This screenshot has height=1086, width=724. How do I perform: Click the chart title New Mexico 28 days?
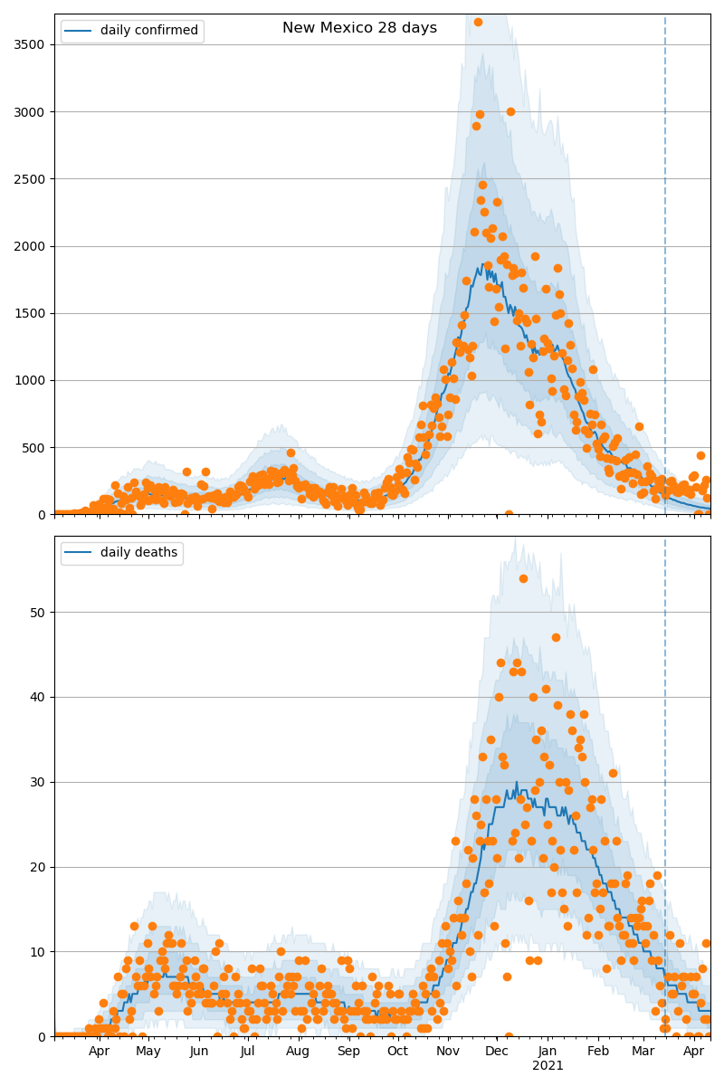pyautogui.click(x=359, y=28)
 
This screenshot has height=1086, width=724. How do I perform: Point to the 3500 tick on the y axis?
pyautogui.click(x=32, y=44)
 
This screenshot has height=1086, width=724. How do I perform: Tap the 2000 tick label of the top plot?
pyautogui.click(x=32, y=246)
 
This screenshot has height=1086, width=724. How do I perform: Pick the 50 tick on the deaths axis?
pyautogui.click(x=39, y=613)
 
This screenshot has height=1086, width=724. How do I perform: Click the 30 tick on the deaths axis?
pyautogui.click(x=39, y=782)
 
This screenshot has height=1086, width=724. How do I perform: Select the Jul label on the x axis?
pyautogui.click(x=247, y=1052)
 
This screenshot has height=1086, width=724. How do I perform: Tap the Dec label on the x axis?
pyautogui.click(x=496, y=1052)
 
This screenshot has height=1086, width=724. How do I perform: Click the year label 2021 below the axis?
pyautogui.click(x=548, y=1066)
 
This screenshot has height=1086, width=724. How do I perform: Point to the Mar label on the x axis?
pyautogui.click(x=643, y=1052)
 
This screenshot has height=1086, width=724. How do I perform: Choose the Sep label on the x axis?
pyautogui.click(x=348, y=1052)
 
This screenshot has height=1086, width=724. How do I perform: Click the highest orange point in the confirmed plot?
pyautogui.click(x=478, y=22)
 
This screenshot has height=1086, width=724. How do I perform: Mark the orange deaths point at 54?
pyautogui.click(x=523, y=578)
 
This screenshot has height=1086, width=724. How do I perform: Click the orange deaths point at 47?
pyautogui.click(x=556, y=638)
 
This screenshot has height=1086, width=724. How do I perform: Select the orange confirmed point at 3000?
pyautogui.click(x=510, y=111)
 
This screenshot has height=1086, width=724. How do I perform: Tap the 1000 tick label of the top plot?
pyautogui.click(x=32, y=380)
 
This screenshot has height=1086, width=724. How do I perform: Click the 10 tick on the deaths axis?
pyautogui.click(x=39, y=952)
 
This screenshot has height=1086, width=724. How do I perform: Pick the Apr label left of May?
pyautogui.click(x=99, y=1052)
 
